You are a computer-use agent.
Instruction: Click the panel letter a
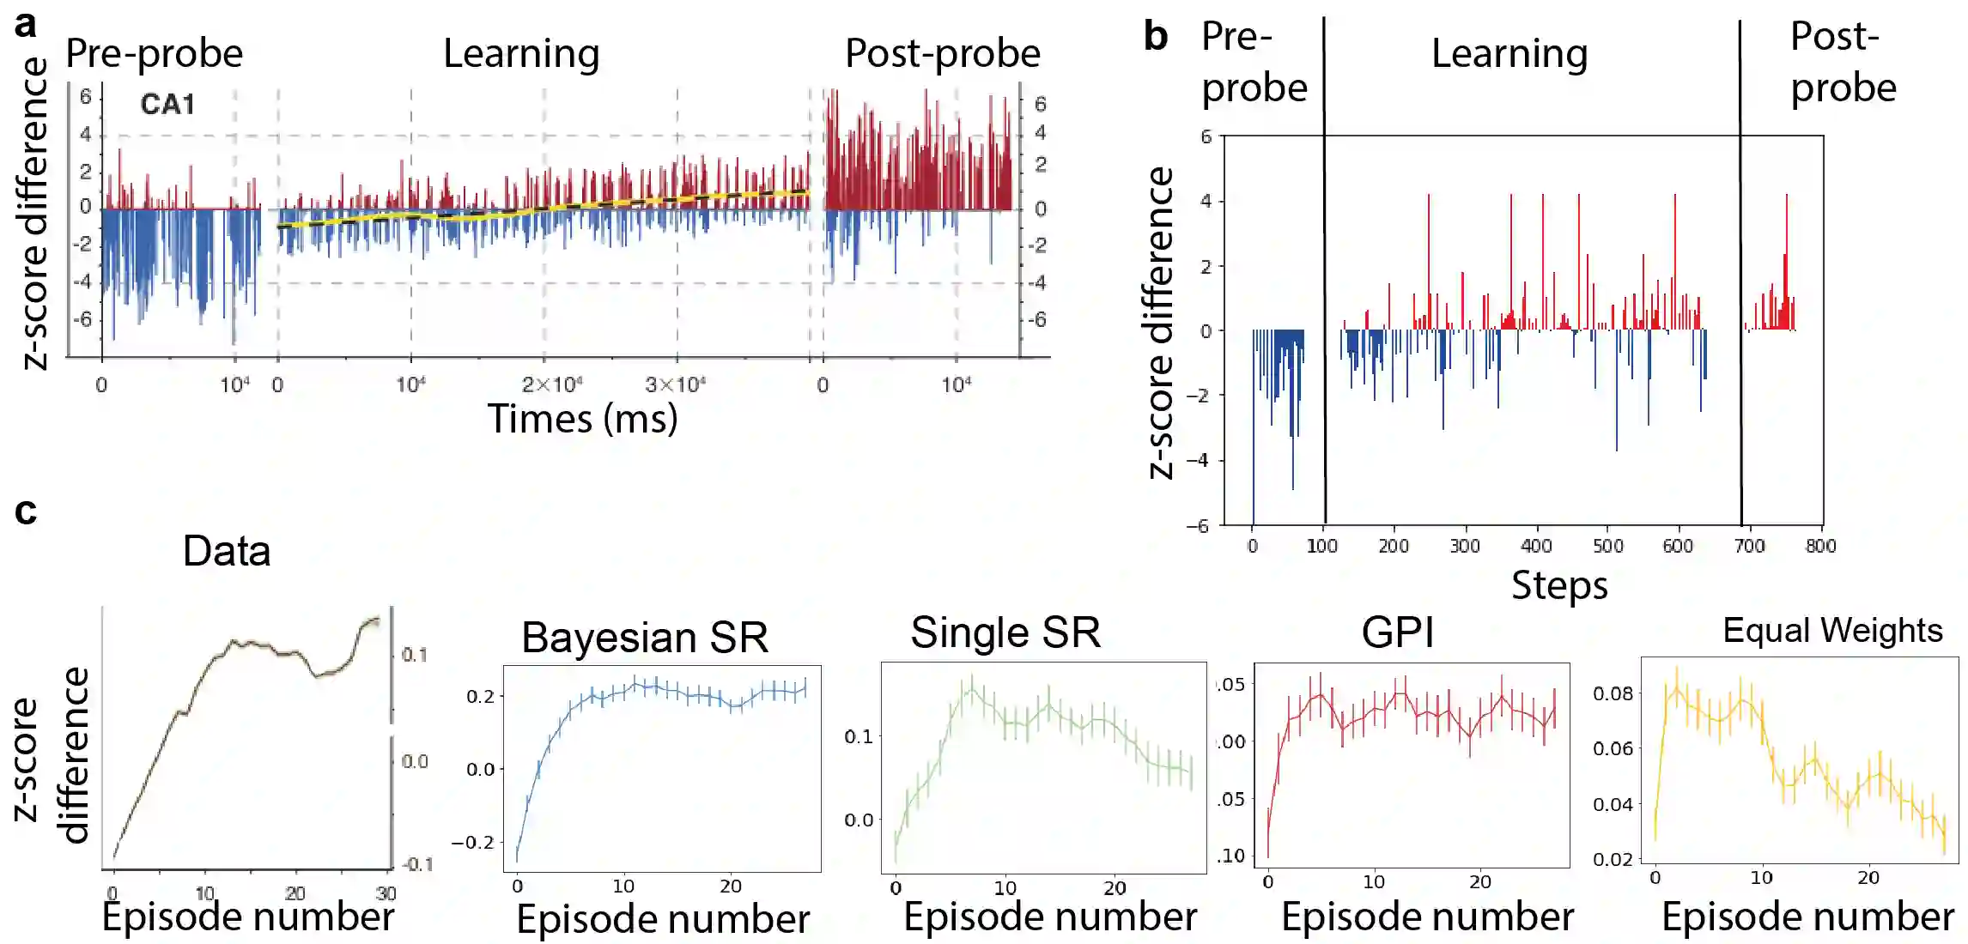tap(26, 23)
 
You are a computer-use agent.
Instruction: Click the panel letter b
tap(1156, 36)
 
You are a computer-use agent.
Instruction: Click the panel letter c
tap(26, 511)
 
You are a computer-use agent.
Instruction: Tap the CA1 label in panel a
tap(167, 105)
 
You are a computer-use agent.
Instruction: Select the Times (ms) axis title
tap(582, 419)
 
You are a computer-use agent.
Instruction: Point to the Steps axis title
tap(1559, 585)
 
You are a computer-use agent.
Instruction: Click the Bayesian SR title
tap(645, 638)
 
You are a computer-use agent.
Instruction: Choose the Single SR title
tap(1005, 633)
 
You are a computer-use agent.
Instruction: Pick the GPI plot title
tap(1398, 633)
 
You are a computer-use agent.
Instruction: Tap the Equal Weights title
tap(1832, 631)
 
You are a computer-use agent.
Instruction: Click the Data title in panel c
tap(227, 551)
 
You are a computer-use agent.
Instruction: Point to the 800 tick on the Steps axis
tap(1820, 546)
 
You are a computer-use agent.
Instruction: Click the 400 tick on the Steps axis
tap(1536, 546)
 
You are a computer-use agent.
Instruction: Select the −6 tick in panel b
tap(1198, 526)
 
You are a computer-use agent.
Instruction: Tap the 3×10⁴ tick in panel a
tap(675, 384)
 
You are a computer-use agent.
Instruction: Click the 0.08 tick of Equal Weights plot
tap(1613, 693)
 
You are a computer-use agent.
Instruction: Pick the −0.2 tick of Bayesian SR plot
tap(473, 843)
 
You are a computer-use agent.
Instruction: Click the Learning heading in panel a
tap(521, 54)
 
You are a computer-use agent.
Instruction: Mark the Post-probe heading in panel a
tap(943, 54)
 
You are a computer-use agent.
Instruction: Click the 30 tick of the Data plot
tap(386, 893)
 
